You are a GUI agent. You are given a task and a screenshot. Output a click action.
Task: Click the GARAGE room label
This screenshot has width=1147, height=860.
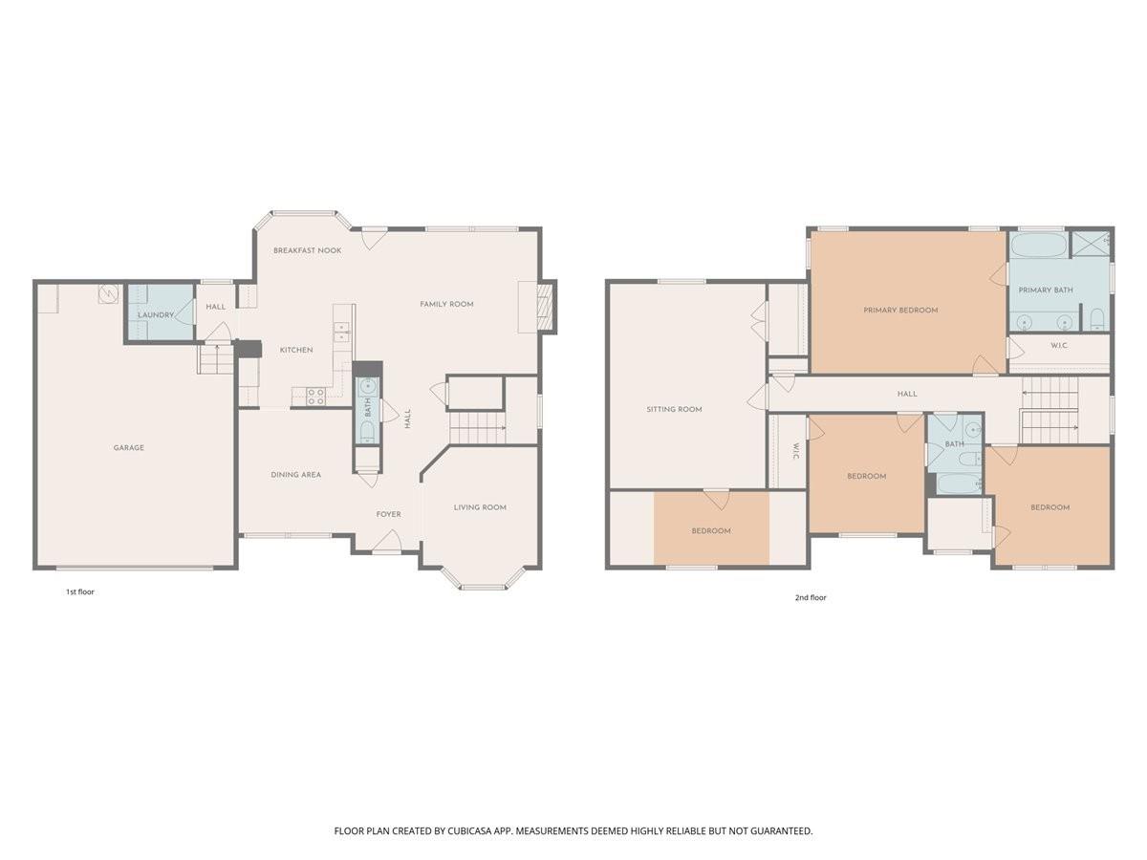[128, 447]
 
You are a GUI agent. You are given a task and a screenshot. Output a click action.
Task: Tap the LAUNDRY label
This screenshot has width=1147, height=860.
[155, 315]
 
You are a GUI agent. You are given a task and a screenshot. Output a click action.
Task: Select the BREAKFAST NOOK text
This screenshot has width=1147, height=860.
[307, 250]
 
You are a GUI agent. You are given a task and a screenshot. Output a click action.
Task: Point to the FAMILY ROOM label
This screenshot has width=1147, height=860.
[446, 304]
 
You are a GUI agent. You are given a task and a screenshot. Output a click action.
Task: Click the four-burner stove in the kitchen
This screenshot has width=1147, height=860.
[315, 396]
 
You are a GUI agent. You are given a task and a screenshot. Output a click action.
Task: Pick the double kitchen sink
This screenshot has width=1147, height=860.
[342, 331]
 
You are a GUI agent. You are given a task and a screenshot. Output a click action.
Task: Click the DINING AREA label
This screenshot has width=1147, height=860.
[295, 475]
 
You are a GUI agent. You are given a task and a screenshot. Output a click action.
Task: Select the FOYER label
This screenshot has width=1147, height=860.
[389, 514]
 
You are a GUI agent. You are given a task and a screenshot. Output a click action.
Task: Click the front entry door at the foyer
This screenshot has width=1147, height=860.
[387, 541]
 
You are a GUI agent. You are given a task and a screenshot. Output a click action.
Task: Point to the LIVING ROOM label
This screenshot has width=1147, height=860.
[480, 507]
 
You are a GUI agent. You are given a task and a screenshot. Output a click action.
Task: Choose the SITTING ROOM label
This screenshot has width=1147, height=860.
[674, 409]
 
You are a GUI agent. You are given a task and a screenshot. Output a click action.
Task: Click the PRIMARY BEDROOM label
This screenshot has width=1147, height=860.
[900, 311]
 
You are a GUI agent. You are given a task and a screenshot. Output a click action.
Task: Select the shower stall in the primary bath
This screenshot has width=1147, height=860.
[1090, 244]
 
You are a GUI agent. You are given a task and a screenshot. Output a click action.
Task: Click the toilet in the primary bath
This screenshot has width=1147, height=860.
[1098, 319]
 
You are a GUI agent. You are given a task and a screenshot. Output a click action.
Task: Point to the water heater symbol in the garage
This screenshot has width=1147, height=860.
[108, 293]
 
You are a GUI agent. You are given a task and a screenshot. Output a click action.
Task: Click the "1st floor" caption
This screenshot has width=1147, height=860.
[80, 592]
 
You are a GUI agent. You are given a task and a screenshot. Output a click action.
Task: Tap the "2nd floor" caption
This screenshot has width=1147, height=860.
[811, 597]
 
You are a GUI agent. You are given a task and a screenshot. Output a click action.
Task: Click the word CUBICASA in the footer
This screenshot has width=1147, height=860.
[469, 830]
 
